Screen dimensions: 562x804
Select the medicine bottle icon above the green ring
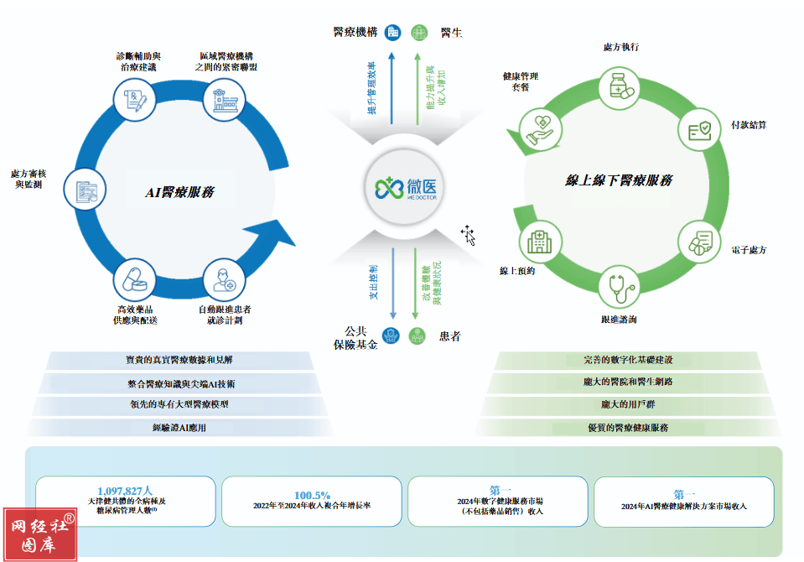[620, 85]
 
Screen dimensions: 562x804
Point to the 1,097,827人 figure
[125, 490]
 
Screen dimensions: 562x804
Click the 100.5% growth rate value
[312, 495]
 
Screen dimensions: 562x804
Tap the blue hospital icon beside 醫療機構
[392, 33]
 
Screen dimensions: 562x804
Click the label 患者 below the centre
[449, 336]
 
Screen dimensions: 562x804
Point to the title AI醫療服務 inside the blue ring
[180, 192]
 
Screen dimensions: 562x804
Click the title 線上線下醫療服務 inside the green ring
[619, 180]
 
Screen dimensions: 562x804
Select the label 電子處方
[749, 250]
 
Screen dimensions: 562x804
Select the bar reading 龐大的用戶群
[628, 404]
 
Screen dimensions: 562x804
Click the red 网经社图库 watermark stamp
[39, 533]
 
